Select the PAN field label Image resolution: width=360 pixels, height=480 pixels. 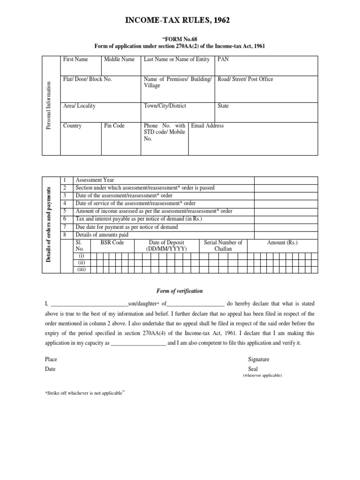[223, 60]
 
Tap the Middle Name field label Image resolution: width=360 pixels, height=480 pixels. [119, 60]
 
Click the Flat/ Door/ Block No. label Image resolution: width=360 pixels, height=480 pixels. [88, 79]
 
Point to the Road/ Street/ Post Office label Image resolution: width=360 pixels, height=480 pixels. [246, 79]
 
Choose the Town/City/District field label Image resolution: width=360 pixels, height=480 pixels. [165, 106]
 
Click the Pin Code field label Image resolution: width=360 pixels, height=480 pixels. [114, 126]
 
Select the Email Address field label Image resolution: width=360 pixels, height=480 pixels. [208, 126]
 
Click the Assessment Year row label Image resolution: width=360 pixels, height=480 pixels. [95, 180]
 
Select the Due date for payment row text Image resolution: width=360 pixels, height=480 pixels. [127, 227]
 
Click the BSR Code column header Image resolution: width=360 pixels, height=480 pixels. [112, 242]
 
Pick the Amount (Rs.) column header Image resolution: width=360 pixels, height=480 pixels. [282, 242]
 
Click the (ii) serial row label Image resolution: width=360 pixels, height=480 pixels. [82, 263]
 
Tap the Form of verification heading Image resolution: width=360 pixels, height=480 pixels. [180, 291]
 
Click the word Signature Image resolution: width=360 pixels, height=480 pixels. [258, 359]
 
